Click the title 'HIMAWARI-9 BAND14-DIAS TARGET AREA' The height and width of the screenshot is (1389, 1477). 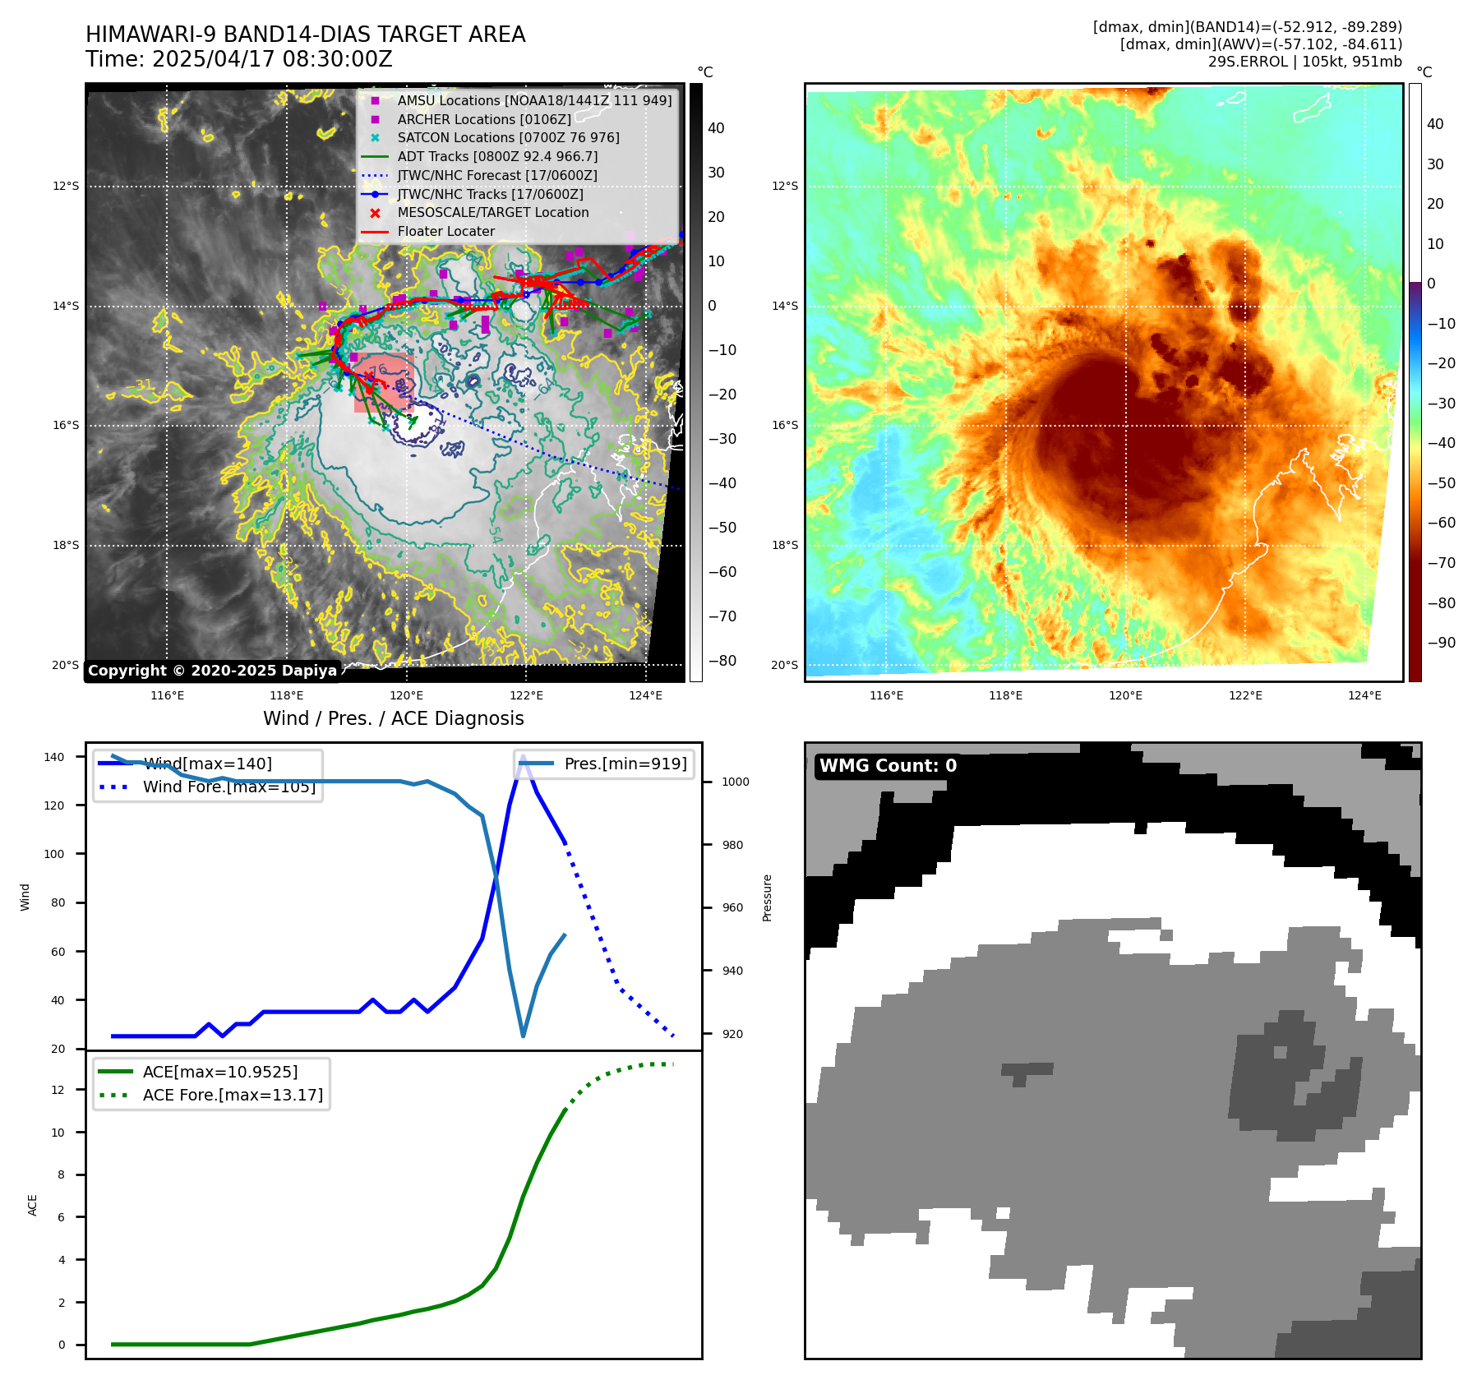(x=305, y=35)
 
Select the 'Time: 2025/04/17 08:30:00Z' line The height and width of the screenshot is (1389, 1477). (x=239, y=60)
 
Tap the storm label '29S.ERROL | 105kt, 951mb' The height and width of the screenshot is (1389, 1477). (x=1304, y=62)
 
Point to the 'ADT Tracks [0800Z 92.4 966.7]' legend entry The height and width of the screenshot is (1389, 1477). (x=496, y=156)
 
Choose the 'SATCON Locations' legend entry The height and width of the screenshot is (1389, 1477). (x=507, y=137)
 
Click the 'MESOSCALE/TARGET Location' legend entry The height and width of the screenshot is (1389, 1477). (x=492, y=212)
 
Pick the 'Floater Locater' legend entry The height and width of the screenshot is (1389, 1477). (x=445, y=231)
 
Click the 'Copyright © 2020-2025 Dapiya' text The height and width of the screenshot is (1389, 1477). (x=212, y=671)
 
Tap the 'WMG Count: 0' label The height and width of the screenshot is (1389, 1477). (x=888, y=766)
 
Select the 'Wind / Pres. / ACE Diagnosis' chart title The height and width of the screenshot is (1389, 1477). (x=393, y=718)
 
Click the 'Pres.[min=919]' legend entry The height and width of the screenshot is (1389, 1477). (x=625, y=764)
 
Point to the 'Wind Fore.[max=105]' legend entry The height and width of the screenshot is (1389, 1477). (x=228, y=787)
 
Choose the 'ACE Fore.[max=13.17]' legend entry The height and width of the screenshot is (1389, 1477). (x=232, y=1095)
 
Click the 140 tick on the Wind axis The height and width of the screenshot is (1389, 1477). (x=54, y=757)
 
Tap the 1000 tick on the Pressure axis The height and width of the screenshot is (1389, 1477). (x=735, y=782)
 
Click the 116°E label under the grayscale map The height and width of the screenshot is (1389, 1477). (x=167, y=695)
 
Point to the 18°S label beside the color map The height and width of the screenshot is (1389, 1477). (x=784, y=545)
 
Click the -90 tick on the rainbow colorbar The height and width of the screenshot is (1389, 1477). (x=1441, y=643)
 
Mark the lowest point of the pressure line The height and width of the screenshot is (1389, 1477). (x=524, y=1036)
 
